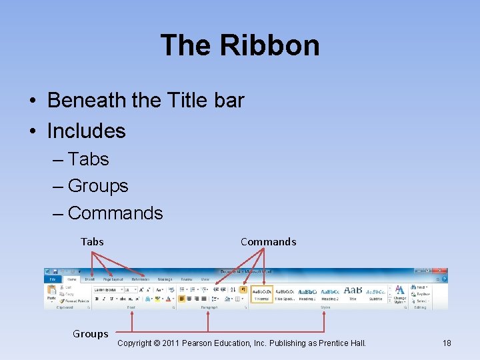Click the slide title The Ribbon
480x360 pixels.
[240, 45]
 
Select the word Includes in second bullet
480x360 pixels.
[86, 131]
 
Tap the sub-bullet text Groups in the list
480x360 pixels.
[98, 185]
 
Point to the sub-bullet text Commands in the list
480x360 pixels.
[115, 213]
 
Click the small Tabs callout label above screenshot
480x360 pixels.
[92, 241]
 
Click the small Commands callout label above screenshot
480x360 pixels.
[268, 241]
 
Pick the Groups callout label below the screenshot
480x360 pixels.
[90, 334]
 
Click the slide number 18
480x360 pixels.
[447, 343]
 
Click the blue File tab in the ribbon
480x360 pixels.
[53, 279]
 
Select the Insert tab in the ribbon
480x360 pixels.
[89, 279]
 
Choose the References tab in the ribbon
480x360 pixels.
[141, 279]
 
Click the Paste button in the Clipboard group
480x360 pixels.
[51, 293]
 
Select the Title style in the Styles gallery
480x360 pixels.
[353, 294]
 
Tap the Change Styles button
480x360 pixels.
[399, 294]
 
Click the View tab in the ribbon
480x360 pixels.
[205, 279]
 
